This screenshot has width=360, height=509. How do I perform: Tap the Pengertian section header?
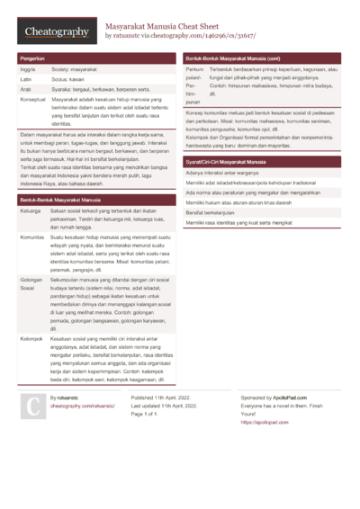pyautogui.click(x=33, y=58)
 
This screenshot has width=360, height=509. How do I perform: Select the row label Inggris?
pyautogui.click(x=28, y=68)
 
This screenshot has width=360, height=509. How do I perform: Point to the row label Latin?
pyautogui.click(x=26, y=79)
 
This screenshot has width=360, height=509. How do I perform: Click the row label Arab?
pyautogui.click(x=26, y=89)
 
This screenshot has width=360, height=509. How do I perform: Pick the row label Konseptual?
pyautogui.click(x=33, y=100)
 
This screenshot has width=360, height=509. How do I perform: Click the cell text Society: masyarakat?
pyautogui.click(x=77, y=68)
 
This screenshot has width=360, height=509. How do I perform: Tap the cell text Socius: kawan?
pyautogui.click(x=71, y=79)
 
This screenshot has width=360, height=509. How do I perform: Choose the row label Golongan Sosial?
pyautogui.click(x=32, y=285)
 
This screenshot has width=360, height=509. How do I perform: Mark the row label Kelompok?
pyautogui.click(x=32, y=338)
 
